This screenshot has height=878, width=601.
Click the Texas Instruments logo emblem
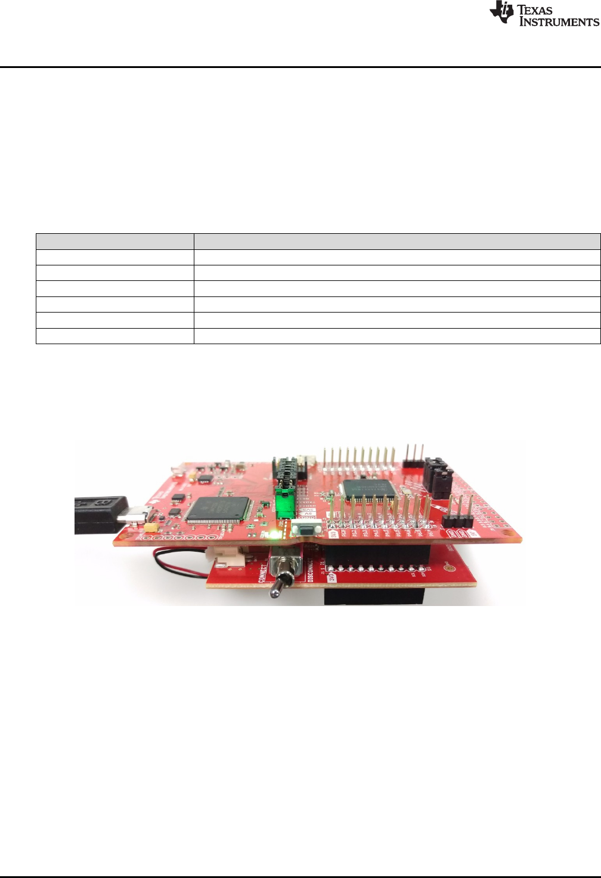click(501, 12)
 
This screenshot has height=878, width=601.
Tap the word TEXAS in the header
click(535, 10)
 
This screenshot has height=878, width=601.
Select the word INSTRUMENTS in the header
click(559, 22)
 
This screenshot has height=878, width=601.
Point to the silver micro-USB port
click(137, 514)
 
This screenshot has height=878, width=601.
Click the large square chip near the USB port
click(218, 509)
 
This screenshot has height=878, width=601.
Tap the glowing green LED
click(274, 532)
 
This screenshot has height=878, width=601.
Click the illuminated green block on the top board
click(286, 505)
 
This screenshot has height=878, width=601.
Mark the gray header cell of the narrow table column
click(114, 242)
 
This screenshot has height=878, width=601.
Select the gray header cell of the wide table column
click(396, 242)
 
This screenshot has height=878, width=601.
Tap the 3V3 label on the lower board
click(332, 577)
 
